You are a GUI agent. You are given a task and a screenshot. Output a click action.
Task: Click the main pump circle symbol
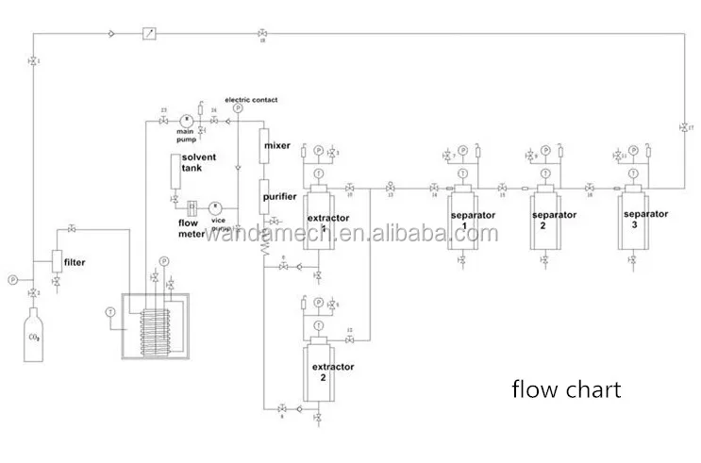pos(186,121)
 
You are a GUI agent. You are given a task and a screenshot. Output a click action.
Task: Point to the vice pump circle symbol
pos(214,207)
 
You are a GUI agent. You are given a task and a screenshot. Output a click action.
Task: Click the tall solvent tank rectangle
pos(175,173)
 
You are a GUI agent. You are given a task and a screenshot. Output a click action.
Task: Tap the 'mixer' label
pos(277,146)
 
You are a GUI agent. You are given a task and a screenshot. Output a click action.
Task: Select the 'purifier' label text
pos(281,196)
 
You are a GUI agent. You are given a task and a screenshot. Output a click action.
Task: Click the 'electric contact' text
pos(251,100)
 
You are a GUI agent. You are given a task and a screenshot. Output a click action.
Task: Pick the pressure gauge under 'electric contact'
pos(238,109)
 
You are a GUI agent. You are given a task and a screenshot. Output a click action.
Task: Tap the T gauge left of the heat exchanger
pos(110,312)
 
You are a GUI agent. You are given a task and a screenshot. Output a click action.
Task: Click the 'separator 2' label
pos(543,220)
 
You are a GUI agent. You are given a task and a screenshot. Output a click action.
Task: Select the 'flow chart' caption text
pos(566,389)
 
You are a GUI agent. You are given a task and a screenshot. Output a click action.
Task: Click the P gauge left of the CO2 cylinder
pos(12,279)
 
